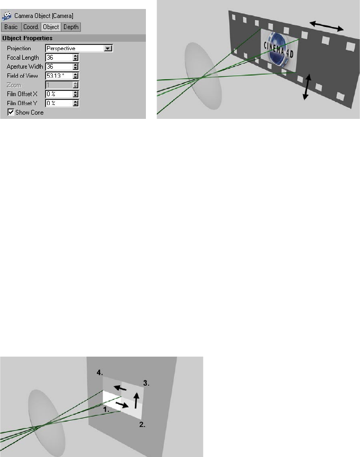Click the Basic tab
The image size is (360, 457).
(11, 27)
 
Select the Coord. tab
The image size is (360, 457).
(31, 27)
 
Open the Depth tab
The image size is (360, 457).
(71, 27)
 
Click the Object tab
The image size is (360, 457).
(51, 27)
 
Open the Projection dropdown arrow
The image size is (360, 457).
(108, 49)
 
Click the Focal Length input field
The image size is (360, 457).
(59, 58)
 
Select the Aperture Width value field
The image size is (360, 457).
(59, 67)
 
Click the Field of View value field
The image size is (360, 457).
(59, 76)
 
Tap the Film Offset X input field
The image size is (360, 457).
(59, 94)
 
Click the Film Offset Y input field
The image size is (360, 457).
(59, 103)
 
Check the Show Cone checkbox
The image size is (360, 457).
(11, 112)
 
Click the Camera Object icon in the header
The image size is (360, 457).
(7, 16)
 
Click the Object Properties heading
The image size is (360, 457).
(27, 38)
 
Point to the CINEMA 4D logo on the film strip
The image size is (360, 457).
(278, 50)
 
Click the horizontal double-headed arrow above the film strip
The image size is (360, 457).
(327, 26)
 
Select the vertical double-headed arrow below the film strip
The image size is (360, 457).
(307, 87)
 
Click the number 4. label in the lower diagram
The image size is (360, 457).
(100, 372)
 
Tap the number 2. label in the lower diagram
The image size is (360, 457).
(142, 425)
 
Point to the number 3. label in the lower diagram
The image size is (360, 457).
(146, 383)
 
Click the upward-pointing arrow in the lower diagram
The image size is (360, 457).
(136, 400)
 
